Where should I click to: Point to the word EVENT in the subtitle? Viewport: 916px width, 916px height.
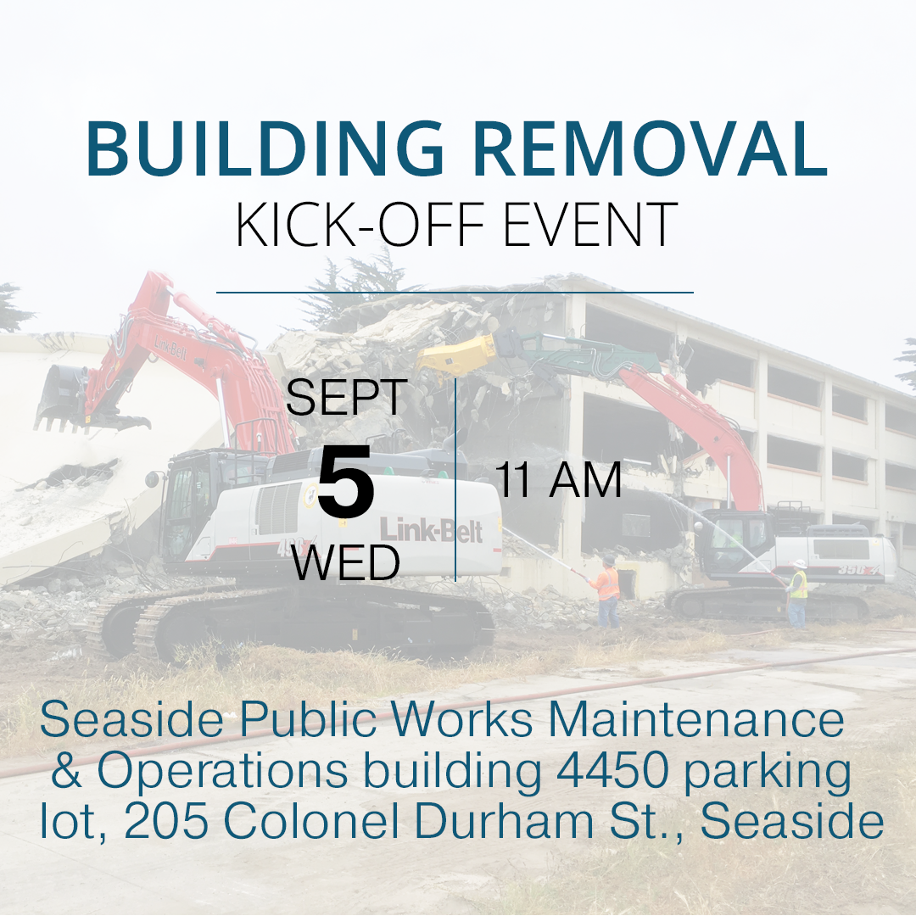590,225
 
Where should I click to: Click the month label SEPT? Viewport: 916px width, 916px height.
346,397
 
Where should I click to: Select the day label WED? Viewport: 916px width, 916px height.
346,562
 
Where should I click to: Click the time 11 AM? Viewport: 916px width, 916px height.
558,480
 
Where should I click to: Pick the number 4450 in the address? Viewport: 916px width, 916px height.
612,770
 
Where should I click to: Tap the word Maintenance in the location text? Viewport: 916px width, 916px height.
695,720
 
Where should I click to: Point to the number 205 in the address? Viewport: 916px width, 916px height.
166,821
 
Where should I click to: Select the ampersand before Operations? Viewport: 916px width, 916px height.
66,770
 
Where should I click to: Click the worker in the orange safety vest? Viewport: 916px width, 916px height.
606,591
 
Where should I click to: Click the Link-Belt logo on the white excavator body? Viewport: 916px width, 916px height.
431,530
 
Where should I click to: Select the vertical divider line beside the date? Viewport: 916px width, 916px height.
455,479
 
